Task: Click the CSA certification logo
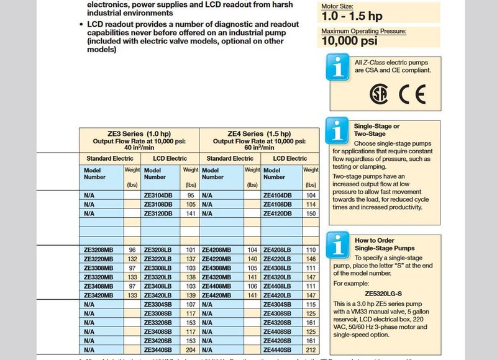[x=377, y=94]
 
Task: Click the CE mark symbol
[x=411, y=94]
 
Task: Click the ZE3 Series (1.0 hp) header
[x=139, y=133]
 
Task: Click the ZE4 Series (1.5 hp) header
[x=259, y=133]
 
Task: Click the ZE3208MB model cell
[x=99, y=250]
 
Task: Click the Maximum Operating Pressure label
[x=363, y=30]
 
